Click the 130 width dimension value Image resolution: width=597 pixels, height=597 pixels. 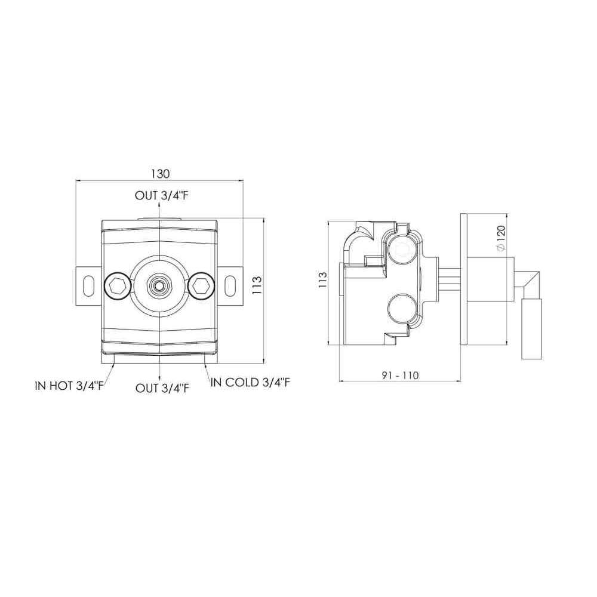pos(160,174)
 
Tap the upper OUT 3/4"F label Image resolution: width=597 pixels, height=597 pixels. pos(162,196)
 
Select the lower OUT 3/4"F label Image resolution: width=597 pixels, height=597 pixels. pos(162,389)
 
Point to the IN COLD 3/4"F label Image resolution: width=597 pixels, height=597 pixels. pos(250,383)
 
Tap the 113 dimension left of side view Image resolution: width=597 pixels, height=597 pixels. pos(322,280)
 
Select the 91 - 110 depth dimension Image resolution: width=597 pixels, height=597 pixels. pos(400,376)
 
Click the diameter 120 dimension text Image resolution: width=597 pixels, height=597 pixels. pos(501,238)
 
